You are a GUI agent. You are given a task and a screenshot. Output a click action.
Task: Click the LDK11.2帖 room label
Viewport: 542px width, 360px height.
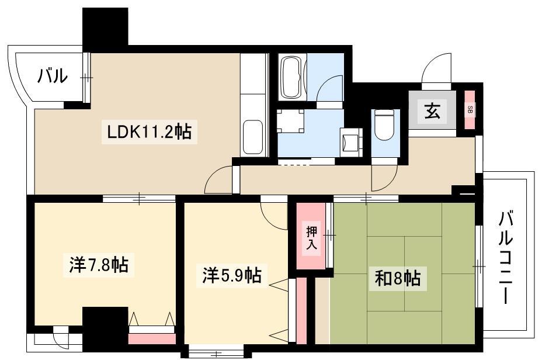(150, 131)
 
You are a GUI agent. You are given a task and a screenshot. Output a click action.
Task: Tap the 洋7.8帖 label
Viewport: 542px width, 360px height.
(99, 265)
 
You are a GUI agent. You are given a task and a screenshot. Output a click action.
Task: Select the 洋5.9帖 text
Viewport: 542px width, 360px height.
(232, 276)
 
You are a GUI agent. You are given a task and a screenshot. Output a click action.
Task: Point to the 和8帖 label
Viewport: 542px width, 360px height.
(398, 278)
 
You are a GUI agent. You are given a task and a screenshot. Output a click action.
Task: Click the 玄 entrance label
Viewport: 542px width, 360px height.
(432, 112)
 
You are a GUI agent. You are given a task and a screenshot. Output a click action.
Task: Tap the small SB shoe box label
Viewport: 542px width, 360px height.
(470, 110)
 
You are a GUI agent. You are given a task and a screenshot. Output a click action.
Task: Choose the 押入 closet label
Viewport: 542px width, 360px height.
(311, 238)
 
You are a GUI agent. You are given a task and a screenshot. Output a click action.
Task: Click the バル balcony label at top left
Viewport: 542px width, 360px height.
(53, 76)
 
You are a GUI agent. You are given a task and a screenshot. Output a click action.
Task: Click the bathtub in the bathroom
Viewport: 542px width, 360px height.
(292, 78)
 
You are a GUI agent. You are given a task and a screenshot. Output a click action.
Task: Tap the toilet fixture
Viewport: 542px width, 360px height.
(384, 125)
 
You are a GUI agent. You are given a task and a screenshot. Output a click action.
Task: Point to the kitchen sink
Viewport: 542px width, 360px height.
(253, 137)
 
